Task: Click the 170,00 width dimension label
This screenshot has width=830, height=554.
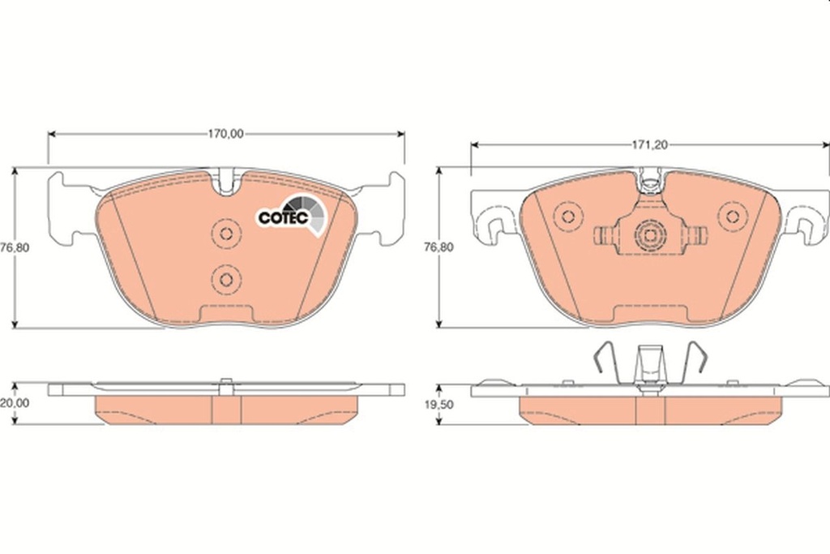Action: pyautogui.click(x=225, y=135)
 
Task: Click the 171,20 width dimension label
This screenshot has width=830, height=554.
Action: pyautogui.click(x=649, y=144)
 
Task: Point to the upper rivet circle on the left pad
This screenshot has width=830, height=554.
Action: pyautogui.click(x=226, y=234)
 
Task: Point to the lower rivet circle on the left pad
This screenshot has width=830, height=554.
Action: pyautogui.click(x=226, y=280)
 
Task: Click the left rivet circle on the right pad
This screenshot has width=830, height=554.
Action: pyautogui.click(x=568, y=216)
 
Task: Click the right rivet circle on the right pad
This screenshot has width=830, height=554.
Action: pyautogui.click(x=733, y=216)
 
